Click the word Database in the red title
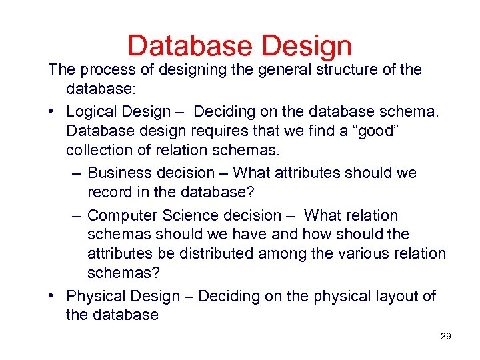click(191, 46)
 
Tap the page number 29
click(445, 336)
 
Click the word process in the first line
click(107, 69)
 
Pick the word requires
click(221, 130)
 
